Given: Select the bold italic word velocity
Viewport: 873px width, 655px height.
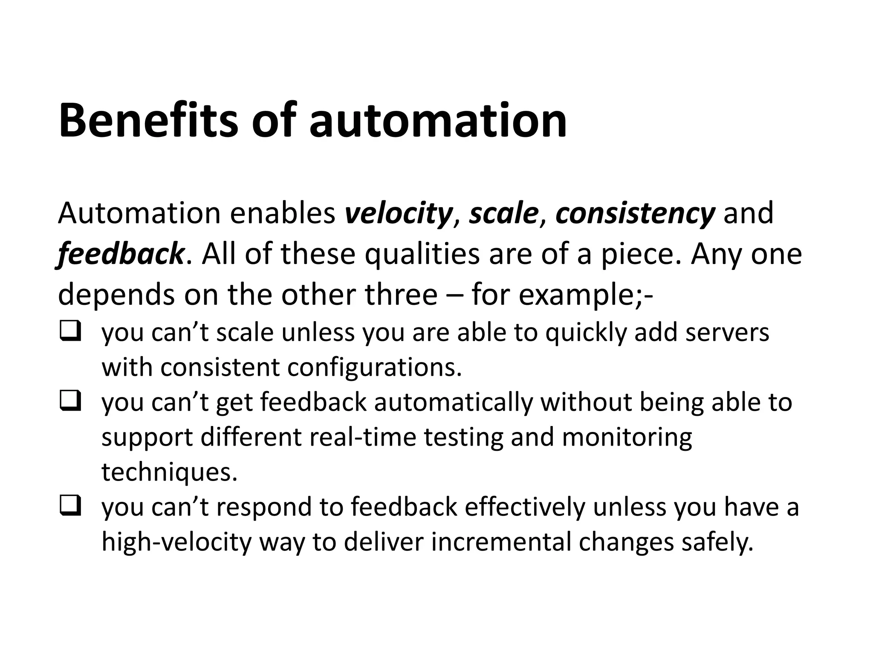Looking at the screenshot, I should [x=398, y=213].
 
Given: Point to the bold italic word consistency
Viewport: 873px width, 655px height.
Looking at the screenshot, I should [x=635, y=213].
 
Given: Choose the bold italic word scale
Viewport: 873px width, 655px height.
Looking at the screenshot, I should [x=503, y=213].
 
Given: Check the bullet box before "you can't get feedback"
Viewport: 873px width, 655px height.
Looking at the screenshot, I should [x=70, y=402].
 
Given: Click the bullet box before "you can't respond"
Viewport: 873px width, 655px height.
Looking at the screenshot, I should [x=70, y=507].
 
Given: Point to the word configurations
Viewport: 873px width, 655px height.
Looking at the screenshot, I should [x=375, y=367].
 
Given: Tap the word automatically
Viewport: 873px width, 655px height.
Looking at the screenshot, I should [x=454, y=402].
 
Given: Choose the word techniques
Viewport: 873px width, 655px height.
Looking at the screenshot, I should [x=169, y=472].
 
